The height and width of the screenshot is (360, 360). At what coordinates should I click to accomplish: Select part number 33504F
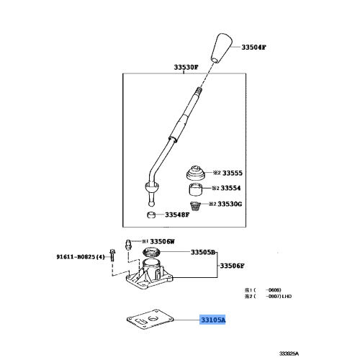pos(253,47)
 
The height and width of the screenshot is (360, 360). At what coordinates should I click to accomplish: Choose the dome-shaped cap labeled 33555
pos(194,174)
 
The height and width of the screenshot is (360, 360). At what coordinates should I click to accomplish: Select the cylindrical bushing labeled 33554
pos(195,191)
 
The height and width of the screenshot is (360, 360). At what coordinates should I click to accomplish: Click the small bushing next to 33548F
pos(150,215)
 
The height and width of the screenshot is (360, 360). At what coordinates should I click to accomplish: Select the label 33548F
pos(176,215)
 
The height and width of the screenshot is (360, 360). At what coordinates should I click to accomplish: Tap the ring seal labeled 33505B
pos(153,252)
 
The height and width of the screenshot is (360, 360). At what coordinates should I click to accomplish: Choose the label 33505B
pos(203,253)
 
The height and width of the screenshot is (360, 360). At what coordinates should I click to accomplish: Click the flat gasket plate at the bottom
pos(148,320)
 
